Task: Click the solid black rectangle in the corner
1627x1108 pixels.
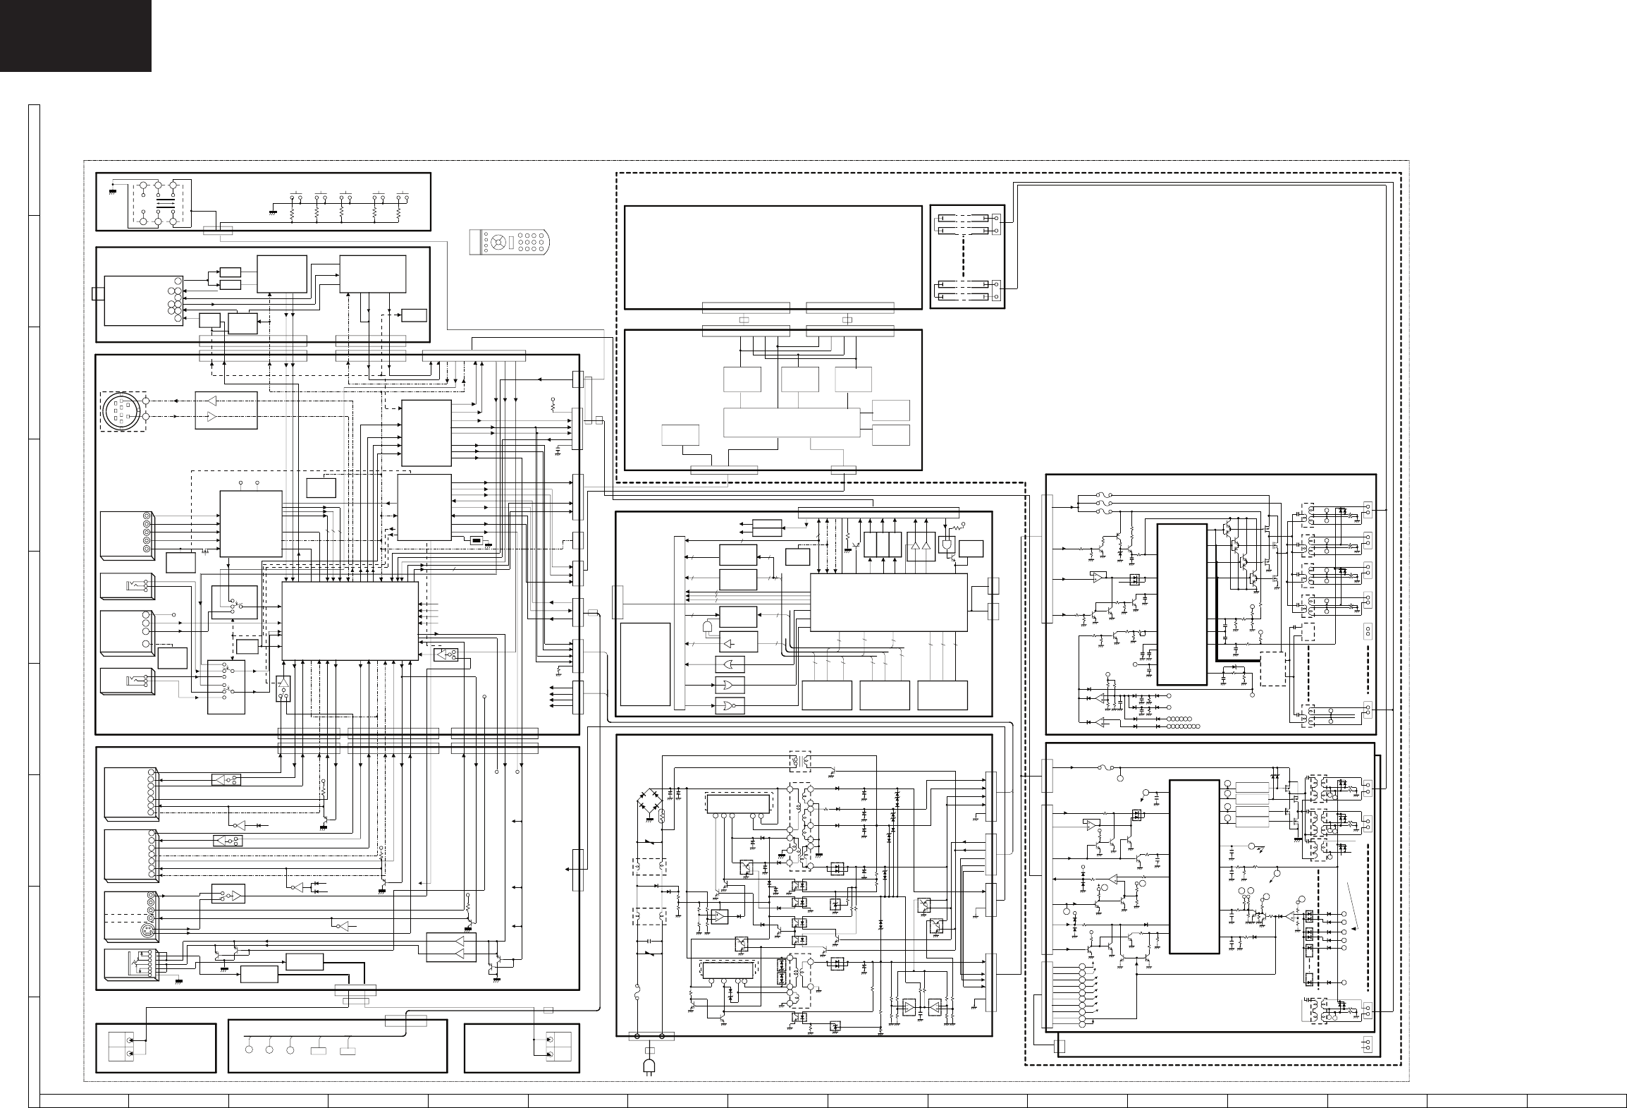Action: coord(75,35)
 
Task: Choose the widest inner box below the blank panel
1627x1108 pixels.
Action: coord(792,422)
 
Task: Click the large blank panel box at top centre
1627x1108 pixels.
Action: coord(773,257)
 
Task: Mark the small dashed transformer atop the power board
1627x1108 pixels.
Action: coord(799,762)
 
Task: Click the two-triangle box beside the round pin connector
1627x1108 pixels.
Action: coord(226,410)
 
